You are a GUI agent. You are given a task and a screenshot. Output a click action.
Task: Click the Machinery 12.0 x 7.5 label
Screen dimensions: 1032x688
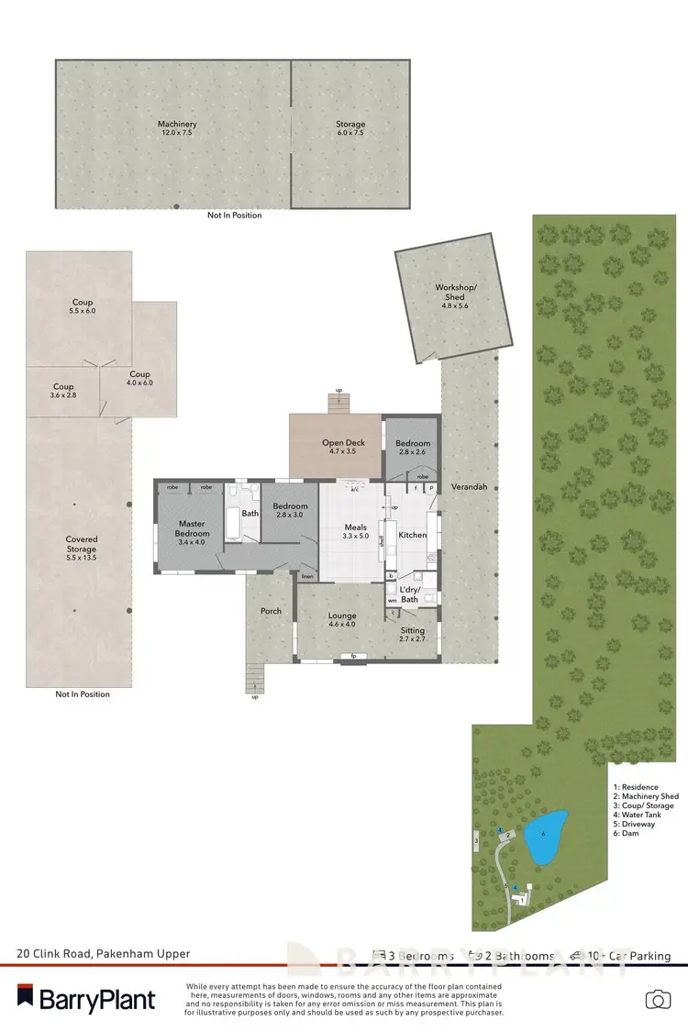176,129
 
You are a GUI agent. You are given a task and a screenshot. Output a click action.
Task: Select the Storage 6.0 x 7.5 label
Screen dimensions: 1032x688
350,129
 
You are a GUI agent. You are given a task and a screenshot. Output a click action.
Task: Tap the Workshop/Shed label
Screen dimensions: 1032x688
456,293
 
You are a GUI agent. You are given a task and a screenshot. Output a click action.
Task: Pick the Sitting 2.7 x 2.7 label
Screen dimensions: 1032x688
413,634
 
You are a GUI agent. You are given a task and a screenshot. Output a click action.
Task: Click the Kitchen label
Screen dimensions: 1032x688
413,535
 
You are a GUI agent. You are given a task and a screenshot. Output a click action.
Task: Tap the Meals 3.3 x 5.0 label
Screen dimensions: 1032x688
354,533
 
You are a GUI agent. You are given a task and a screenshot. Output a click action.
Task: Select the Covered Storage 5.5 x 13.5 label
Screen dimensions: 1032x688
81,549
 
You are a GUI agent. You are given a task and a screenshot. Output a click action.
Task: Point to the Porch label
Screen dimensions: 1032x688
271,611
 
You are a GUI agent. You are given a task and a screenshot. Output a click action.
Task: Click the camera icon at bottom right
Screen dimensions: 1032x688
656,999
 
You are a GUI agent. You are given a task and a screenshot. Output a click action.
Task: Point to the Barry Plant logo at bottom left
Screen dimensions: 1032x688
86,998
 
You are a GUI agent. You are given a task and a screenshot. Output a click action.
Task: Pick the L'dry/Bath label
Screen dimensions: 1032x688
409,594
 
